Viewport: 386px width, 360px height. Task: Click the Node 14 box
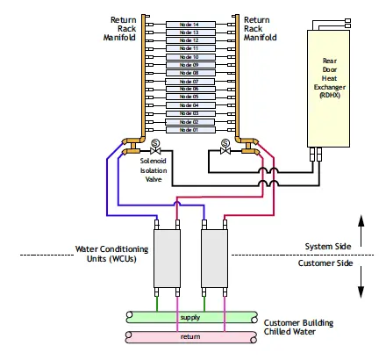(x=189, y=25)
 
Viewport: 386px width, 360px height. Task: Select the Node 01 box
(x=189, y=129)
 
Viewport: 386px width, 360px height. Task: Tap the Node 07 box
(x=189, y=81)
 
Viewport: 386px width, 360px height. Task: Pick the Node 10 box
(x=189, y=57)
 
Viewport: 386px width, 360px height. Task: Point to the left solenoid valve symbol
(x=155, y=148)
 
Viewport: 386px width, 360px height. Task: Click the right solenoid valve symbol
(x=225, y=148)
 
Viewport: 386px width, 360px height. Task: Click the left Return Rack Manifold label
(x=122, y=29)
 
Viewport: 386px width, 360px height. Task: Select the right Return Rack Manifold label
(x=260, y=29)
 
